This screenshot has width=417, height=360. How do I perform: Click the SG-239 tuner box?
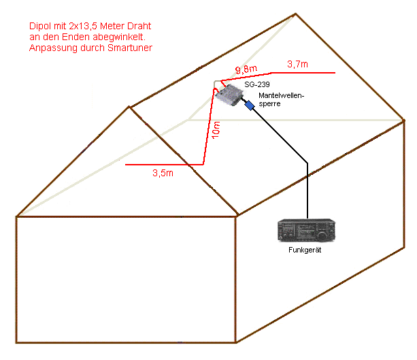click(230, 95)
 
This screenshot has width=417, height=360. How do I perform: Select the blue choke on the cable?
click(250, 105)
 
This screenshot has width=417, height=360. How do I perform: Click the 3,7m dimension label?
click(297, 64)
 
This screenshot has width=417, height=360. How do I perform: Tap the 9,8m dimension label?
click(246, 69)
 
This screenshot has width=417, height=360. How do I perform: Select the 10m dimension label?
click(216, 130)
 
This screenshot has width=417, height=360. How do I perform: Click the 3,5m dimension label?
click(162, 174)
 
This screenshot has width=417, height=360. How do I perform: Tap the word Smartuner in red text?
click(129, 48)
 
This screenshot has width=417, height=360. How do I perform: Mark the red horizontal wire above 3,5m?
click(163, 165)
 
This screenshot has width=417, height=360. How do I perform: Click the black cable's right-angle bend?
click(307, 162)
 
